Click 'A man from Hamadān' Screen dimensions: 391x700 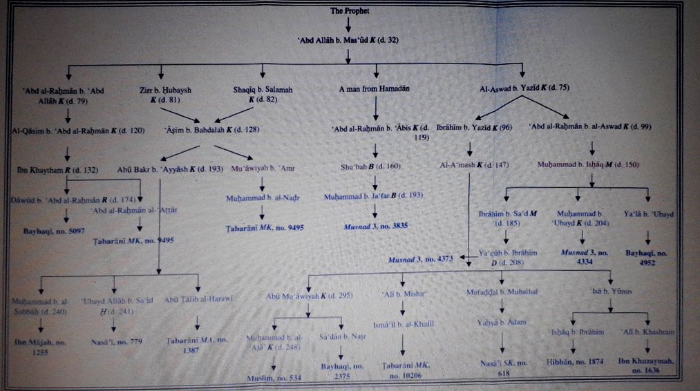point(374,89)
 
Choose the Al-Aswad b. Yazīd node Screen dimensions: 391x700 point(524,89)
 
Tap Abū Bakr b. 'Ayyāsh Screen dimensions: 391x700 point(160,169)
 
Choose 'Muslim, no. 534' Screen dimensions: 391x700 point(274,379)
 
